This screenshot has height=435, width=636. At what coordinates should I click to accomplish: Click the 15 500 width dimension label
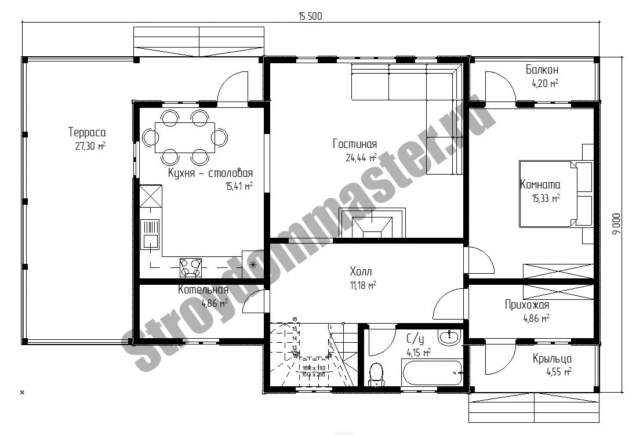pos(310,17)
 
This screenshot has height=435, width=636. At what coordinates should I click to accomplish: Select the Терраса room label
pos(87,133)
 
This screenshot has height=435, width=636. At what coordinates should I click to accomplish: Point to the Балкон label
pos(542,70)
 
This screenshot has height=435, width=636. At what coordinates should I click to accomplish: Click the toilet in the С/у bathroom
pos(377,373)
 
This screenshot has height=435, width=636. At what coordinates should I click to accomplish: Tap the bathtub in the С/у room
pos(433,372)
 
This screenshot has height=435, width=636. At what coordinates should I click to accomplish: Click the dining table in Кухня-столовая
pos(185,137)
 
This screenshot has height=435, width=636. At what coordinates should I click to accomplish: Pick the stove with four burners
pos(191,266)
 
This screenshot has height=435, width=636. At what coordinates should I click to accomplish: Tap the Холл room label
pos(361,271)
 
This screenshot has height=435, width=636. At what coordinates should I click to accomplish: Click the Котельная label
pos(203,290)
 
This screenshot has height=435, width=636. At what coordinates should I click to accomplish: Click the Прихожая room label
pos(527,305)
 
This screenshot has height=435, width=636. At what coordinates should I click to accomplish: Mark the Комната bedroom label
pos(540,185)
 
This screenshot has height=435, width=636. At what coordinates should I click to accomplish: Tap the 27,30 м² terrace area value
pos(90,146)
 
